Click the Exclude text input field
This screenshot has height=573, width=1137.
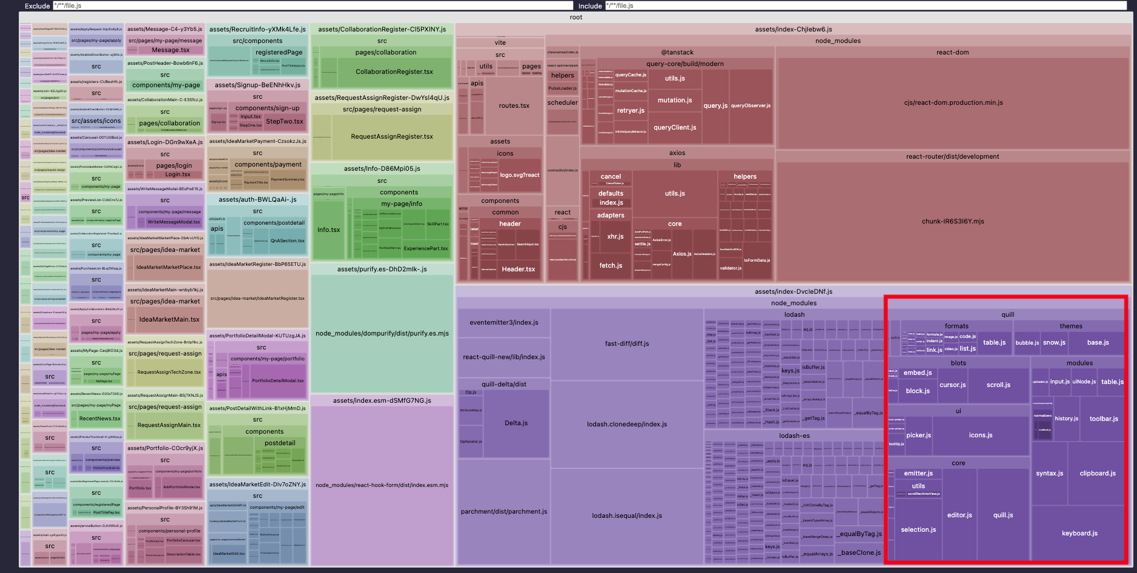(312, 6)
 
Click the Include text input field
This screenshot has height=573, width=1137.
(865, 6)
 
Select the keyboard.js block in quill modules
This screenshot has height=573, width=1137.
(1079, 533)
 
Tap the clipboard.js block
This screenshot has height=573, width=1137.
(1097, 473)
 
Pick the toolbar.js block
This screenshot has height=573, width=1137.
(1103, 419)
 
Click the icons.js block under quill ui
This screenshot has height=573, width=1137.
(980, 435)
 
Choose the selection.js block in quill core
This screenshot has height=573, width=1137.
(918, 529)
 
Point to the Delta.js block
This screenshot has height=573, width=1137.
(516, 423)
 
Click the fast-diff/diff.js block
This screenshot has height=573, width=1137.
(626, 343)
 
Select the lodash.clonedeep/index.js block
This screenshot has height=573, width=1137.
(626, 424)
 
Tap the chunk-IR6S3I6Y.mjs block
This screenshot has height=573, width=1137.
(952, 221)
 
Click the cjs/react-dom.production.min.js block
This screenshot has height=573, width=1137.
(953, 102)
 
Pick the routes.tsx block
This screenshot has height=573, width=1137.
(514, 105)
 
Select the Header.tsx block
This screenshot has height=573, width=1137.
(518, 269)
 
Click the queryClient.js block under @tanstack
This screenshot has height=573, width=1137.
(674, 127)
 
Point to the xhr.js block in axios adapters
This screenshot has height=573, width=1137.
(615, 236)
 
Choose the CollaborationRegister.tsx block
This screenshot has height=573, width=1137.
(394, 71)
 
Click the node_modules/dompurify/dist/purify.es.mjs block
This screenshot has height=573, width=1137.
(382, 333)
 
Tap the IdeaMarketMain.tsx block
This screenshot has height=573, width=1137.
(169, 319)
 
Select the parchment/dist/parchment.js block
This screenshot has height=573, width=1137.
(503, 511)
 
